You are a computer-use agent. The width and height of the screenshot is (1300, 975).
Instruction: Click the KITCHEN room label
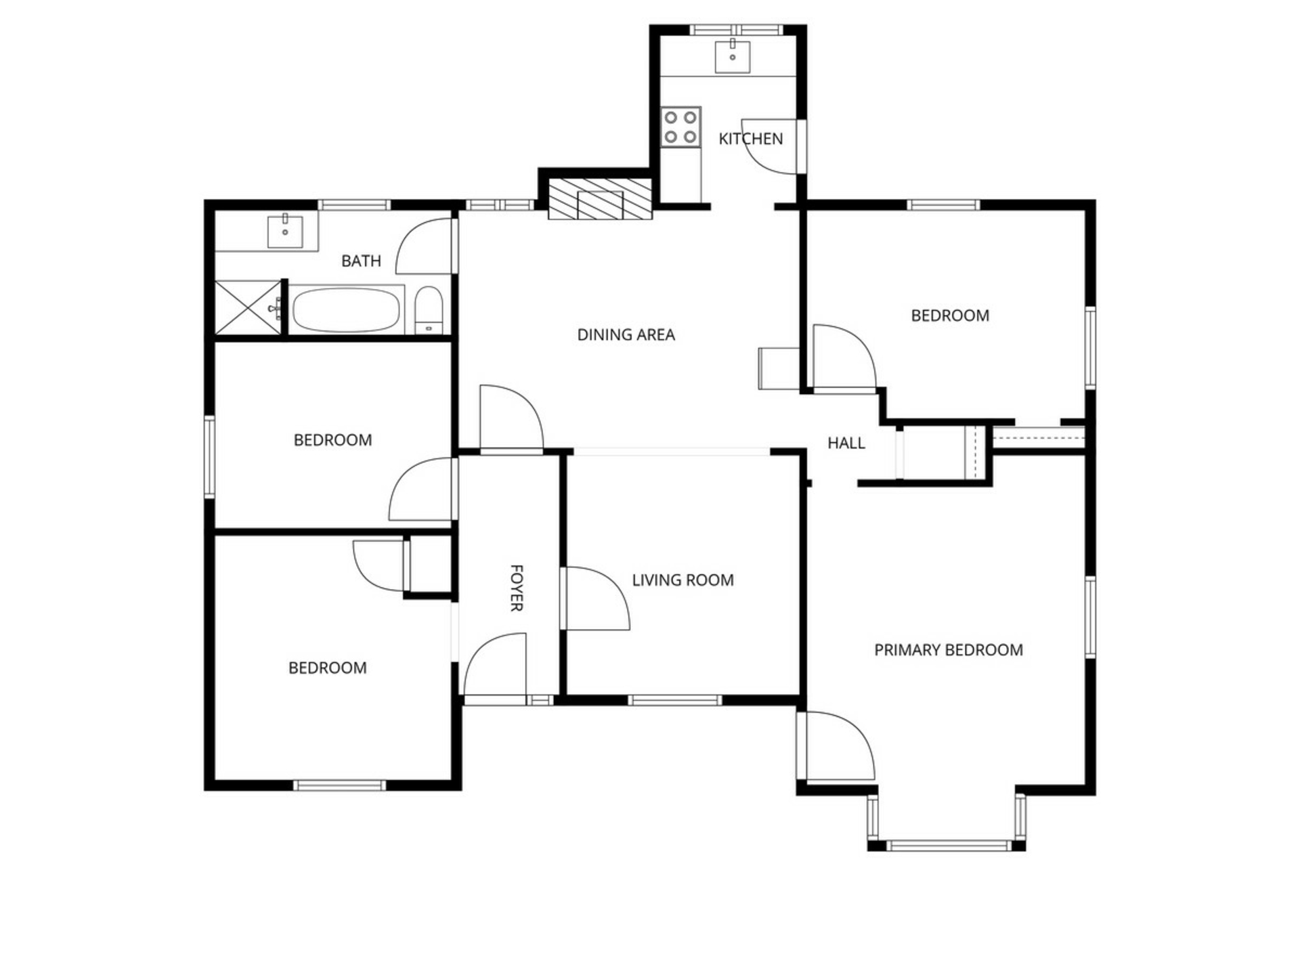pos(750,139)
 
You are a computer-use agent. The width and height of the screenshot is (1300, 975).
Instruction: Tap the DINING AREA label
pos(626,334)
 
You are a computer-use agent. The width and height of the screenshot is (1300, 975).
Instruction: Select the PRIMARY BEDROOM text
pos(948,650)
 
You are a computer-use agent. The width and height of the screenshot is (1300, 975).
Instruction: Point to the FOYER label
pos(516,588)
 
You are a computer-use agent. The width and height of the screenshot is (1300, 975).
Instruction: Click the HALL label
pos(846,443)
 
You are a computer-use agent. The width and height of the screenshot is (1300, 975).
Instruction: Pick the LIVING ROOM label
pos(682,580)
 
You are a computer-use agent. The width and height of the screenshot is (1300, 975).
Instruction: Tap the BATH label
pos(361,261)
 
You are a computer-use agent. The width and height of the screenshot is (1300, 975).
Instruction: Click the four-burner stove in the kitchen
pos(680,127)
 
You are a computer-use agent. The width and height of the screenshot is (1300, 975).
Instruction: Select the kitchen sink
pos(733,56)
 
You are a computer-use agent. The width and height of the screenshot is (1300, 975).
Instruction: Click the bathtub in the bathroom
pos(346,310)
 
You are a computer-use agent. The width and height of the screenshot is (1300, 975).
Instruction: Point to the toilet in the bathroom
pos(428,310)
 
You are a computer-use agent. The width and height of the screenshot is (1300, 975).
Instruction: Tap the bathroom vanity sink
pos(285,231)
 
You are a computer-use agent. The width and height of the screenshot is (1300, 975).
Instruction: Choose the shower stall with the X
pos(247,307)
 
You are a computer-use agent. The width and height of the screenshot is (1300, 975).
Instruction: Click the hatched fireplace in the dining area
pos(600,199)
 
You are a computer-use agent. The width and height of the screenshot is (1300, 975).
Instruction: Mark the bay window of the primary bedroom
pos(947,822)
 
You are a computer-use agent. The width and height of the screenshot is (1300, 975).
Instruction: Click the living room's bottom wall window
pos(674,700)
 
